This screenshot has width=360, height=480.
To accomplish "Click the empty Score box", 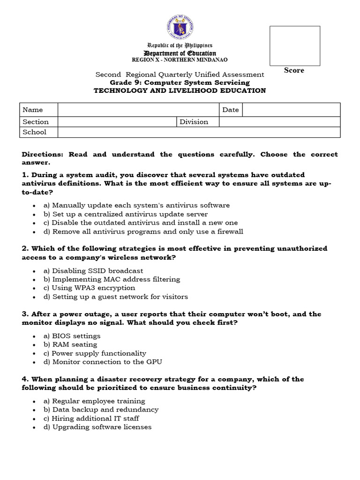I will coord(294,46).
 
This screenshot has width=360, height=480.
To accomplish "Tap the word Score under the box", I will coord(294,70).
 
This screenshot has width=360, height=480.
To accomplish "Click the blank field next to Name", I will coord(139,110).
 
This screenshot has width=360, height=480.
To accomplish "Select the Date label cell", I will coord(231,110).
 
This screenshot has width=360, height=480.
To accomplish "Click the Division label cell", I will coord(198,122).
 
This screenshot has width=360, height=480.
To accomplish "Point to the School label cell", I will coord(38,132).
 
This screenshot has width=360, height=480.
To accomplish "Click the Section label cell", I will coord(38,122).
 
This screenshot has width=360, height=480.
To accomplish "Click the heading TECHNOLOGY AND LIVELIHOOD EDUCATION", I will coord(180,90).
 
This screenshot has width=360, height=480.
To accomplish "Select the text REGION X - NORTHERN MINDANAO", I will coord(180,60).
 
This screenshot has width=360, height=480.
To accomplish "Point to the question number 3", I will coord(24,314).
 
